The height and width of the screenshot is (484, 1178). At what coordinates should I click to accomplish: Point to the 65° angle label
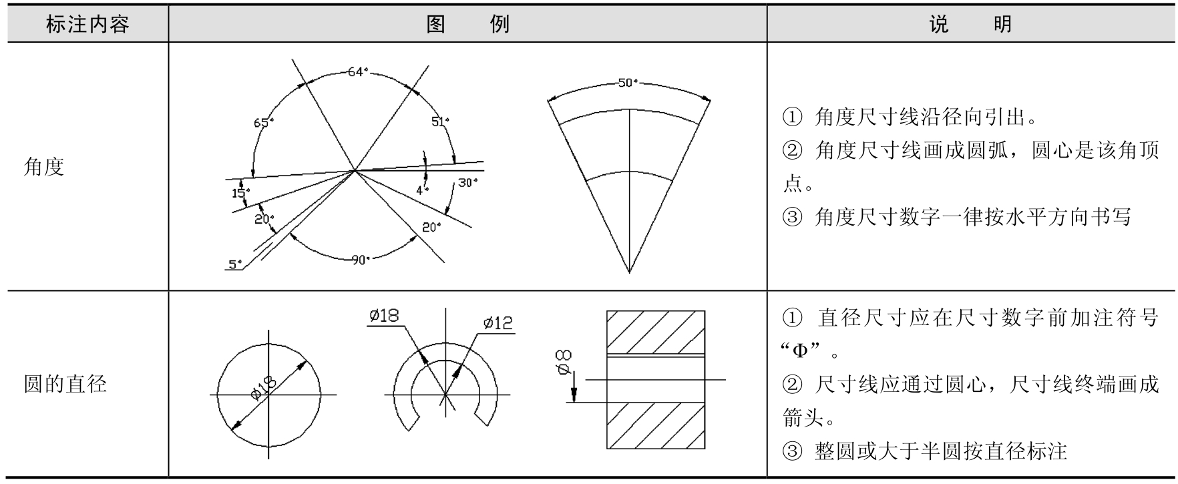click(263, 123)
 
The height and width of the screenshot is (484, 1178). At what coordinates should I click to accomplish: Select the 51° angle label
click(440, 122)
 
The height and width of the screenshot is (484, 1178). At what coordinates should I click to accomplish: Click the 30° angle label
click(467, 182)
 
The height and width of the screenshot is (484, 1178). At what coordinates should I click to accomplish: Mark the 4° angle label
click(422, 190)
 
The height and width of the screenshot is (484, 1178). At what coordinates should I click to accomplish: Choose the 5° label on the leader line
click(235, 264)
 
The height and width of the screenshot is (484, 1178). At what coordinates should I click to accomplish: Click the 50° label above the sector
click(628, 83)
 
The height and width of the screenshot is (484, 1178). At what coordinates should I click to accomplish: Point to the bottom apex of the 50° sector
click(629, 272)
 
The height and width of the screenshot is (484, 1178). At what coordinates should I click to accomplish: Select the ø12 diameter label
click(498, 323)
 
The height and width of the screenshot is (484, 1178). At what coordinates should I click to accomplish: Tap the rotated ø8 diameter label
click(564, 361)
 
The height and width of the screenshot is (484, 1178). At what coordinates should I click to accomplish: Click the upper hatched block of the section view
click(655, 331)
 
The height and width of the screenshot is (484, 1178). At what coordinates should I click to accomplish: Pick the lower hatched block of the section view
click(655, 425)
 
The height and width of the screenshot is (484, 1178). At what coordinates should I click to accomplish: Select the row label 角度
click(44, 167)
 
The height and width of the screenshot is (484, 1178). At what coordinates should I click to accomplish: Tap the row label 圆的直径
click(65, 385)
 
